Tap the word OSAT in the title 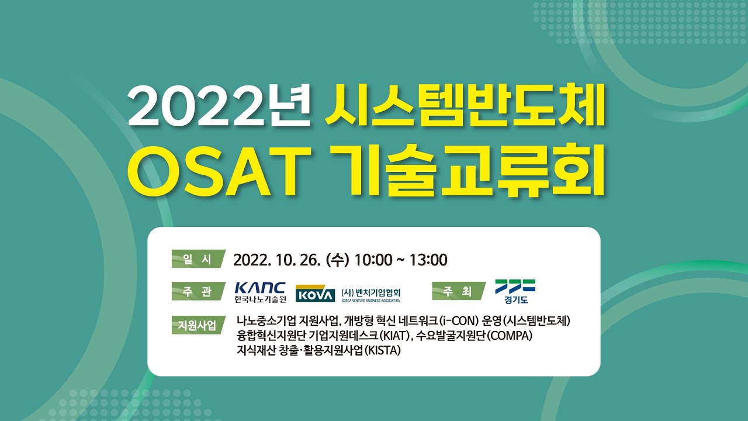point(221,174)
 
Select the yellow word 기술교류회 point(467,174)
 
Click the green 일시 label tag point(198,259)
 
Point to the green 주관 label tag point(198,291)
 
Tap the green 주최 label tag point(458,291)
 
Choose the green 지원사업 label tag point(194,325)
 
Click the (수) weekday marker point(340,259)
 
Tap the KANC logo point(260,292)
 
